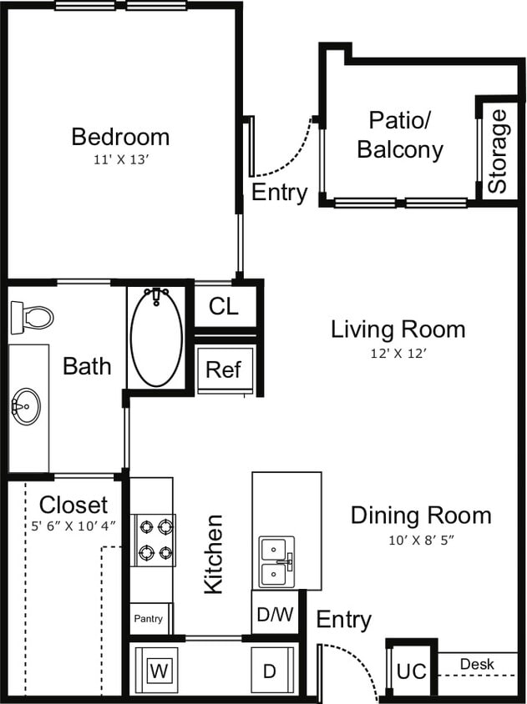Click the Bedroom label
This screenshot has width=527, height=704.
(120, 136)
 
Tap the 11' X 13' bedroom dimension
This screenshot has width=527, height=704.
(120, 159)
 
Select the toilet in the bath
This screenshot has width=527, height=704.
(31, 316)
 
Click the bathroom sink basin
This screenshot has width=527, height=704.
(27, 407)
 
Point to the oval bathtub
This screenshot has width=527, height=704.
(156, 338)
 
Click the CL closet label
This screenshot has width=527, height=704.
(223, 306)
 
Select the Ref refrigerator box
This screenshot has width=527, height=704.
(223, 370)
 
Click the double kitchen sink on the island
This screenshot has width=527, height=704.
(276, 562)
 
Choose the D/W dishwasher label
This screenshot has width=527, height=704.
(275, 616)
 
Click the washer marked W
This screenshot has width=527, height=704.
(158, 670)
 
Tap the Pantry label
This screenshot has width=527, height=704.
(149, 620)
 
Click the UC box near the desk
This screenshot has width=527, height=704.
(411, 671)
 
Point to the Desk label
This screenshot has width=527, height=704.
(477, 665)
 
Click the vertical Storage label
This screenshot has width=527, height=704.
(498, 151)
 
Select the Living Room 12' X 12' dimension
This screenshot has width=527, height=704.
(398, 353)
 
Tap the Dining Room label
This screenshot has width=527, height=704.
(421, 515)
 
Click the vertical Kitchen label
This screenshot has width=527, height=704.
(214, 554)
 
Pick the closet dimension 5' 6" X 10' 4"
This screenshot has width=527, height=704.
(73, 526)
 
